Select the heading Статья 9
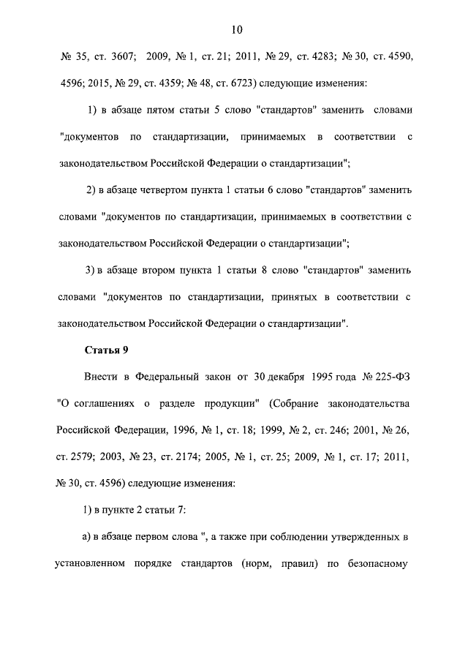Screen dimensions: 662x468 (x=107, y=350)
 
